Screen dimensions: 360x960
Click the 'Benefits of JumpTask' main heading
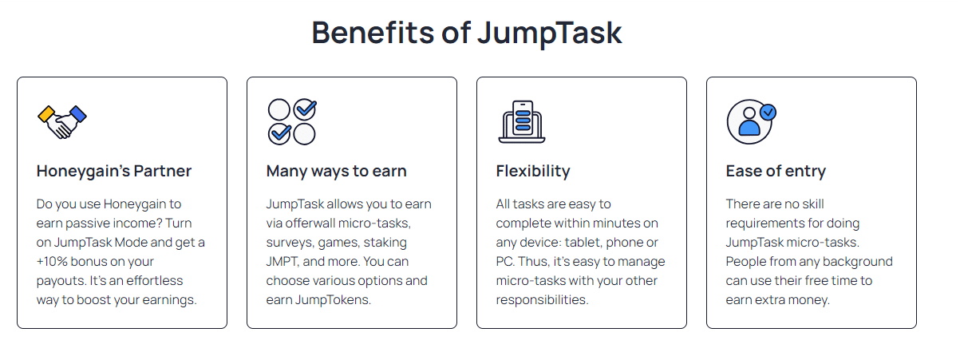coord(466,33)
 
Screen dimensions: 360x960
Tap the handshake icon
coord(61,121)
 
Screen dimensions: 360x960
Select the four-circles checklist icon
coord(291,121)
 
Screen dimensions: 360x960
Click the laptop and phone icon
coord(521,121)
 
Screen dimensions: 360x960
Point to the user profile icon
coord(751,121)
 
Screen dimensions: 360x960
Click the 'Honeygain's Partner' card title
coord(114,171)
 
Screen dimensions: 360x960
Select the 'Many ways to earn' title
coord(336,171)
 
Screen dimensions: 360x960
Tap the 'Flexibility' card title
coord(533,171)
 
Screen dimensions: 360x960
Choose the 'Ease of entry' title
coord(776,171)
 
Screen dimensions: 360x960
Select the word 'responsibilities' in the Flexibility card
coord(542,300)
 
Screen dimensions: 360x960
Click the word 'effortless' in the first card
coord(151,281)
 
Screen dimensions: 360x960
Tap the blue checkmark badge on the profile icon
coord(768,113)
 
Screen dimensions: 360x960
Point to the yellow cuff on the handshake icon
coord(46,112)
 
